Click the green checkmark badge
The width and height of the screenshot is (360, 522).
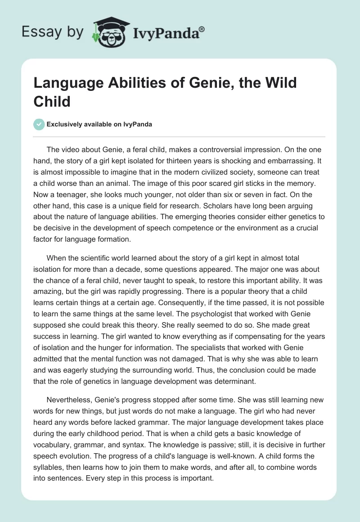pos(40,124)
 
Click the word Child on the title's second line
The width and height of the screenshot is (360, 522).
pos(52,101)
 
